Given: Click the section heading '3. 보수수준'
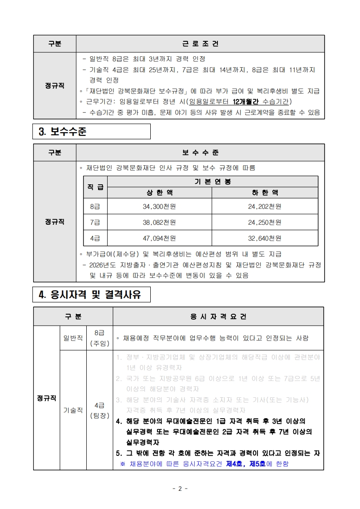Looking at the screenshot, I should [x=63, y=132].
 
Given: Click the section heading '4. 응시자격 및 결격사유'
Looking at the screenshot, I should [x=90, y=295].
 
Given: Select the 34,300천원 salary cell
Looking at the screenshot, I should [x=159, y=207].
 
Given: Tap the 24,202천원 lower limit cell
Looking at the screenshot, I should [x=265, y=207].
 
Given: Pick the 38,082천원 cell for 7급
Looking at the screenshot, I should [x=159, y=222].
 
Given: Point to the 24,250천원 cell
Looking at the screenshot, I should [x=265, y=222].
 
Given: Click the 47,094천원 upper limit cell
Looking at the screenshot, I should [x=159, y=238].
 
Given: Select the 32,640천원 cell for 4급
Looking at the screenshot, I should [x=265, y=238].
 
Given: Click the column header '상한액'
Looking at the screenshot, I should [x=159, y=193].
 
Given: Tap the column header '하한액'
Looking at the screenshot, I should [x=265, y=193].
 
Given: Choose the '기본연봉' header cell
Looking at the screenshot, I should [x=212, y=182].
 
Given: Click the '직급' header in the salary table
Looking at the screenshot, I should [x=95, y=187].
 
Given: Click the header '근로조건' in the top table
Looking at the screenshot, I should [x=200, y=44].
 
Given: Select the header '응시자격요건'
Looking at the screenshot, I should [x=218, y=316].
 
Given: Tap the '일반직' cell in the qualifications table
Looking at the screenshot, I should [x=73, y=338].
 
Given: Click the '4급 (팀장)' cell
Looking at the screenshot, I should [x=99, y=410].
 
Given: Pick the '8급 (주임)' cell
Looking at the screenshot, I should [x=99, y=338].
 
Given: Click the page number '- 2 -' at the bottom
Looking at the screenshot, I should [x=180, y=489].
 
